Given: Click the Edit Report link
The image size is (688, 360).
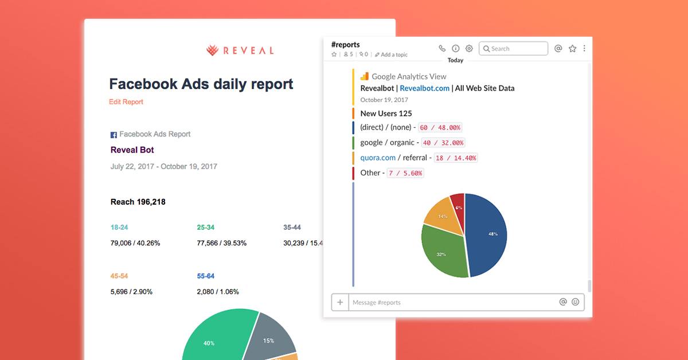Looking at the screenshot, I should coord(126,102).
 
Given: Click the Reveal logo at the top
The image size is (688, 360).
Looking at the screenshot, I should coord(240,50).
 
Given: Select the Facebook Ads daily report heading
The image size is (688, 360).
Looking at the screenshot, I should coord(201,84).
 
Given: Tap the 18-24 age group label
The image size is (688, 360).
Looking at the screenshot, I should coord(119,228).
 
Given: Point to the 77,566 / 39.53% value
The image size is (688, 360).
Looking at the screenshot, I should coord(221,243).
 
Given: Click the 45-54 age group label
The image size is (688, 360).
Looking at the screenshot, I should coord(119,276).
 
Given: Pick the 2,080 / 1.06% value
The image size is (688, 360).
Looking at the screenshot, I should coord(217,292).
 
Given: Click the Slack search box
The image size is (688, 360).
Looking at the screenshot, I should coord(513,49).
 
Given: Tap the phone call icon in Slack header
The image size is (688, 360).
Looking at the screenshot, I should coord(442,49).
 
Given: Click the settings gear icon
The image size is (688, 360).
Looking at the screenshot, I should coord(469,49).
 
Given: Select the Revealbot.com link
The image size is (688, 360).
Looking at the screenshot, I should coord(424,88).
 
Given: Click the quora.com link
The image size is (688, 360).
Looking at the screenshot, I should coord(378,158).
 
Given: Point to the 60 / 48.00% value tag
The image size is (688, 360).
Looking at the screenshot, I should coord(440,128).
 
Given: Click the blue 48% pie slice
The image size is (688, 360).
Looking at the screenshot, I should coord(487,235).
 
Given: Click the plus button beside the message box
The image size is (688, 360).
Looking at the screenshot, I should coord(340,302).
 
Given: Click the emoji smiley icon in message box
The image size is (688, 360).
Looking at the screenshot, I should coord(576,302).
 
